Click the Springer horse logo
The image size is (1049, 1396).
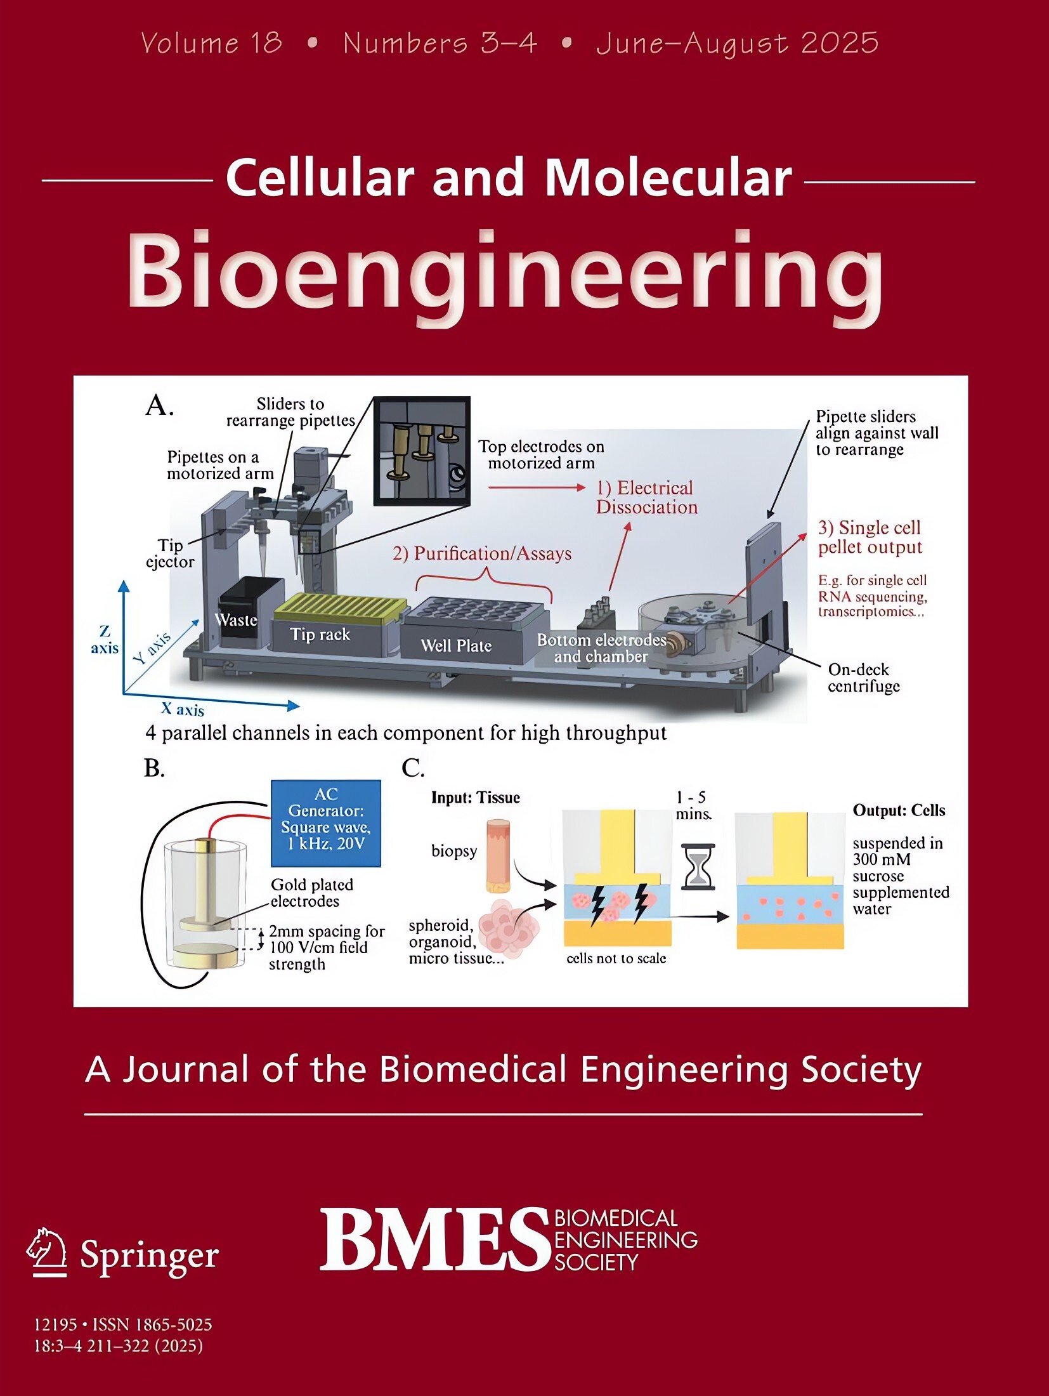(x=47, y=1251)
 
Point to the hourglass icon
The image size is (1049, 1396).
(x=697, y=867)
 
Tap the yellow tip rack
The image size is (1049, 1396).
(x=341, y=607)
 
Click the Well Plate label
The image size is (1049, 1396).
(x=456, y=645)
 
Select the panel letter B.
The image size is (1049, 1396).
(x=154, y=768)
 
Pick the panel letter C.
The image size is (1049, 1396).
(x=413, y=768)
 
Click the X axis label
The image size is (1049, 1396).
(x=183, y=708)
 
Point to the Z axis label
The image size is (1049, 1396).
(x=105, y=639)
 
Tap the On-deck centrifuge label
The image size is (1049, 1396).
(x=863, y=678)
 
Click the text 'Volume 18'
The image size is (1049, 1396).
(x=211, y=43)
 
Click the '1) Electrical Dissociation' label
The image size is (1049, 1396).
(x=646, y=497)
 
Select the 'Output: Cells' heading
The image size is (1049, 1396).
(x=899, y=810)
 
